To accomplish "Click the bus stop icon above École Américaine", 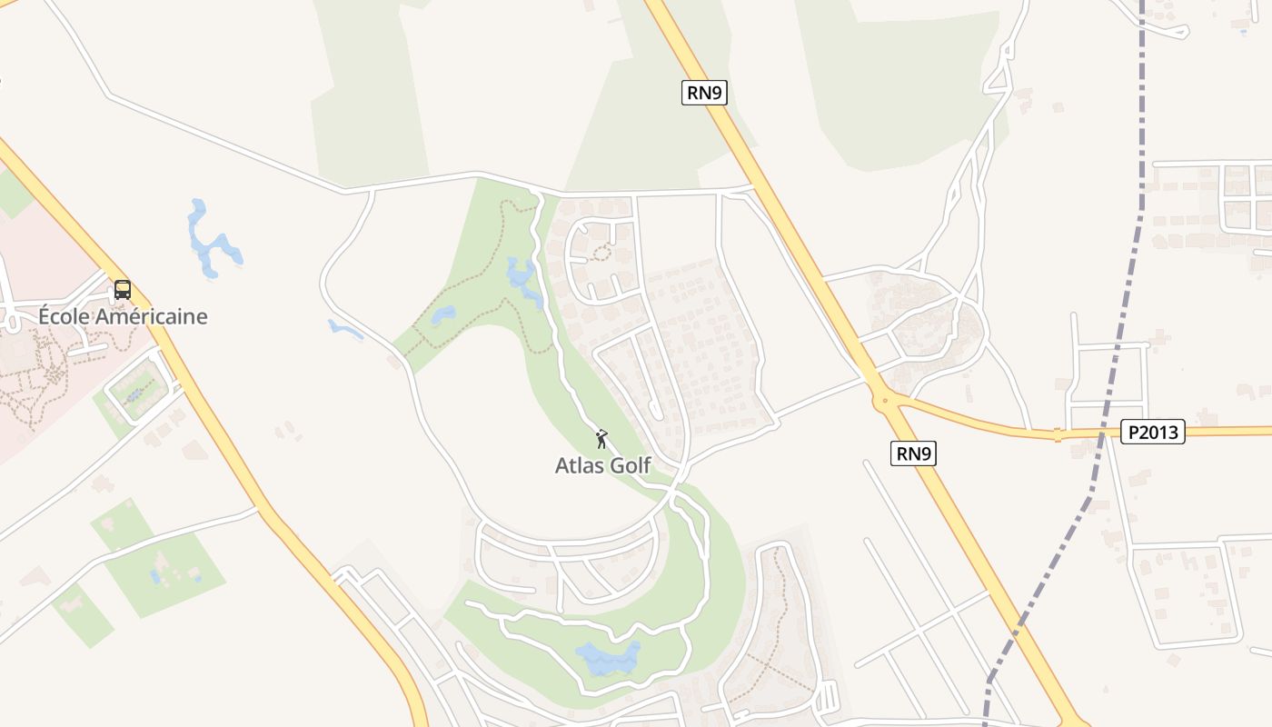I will (x=123, y=290).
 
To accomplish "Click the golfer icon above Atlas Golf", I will (x=601, y=440).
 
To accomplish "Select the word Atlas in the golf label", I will (x=579, y=465).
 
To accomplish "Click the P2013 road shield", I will (x=1152, y=432).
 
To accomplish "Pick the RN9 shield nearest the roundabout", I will (x=913, y=453).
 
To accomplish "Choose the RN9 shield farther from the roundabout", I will (x=705, y=92).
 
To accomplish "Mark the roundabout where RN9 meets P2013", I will (x=883, y=398).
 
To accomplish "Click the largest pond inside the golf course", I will (x=607, y=658).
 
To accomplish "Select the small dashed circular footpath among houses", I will (x=600, y=253).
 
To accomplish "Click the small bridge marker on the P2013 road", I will (x=1058, y=434).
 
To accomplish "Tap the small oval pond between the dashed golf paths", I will (x=442, y=315).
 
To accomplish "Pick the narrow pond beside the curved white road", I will (x=345, y=328).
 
